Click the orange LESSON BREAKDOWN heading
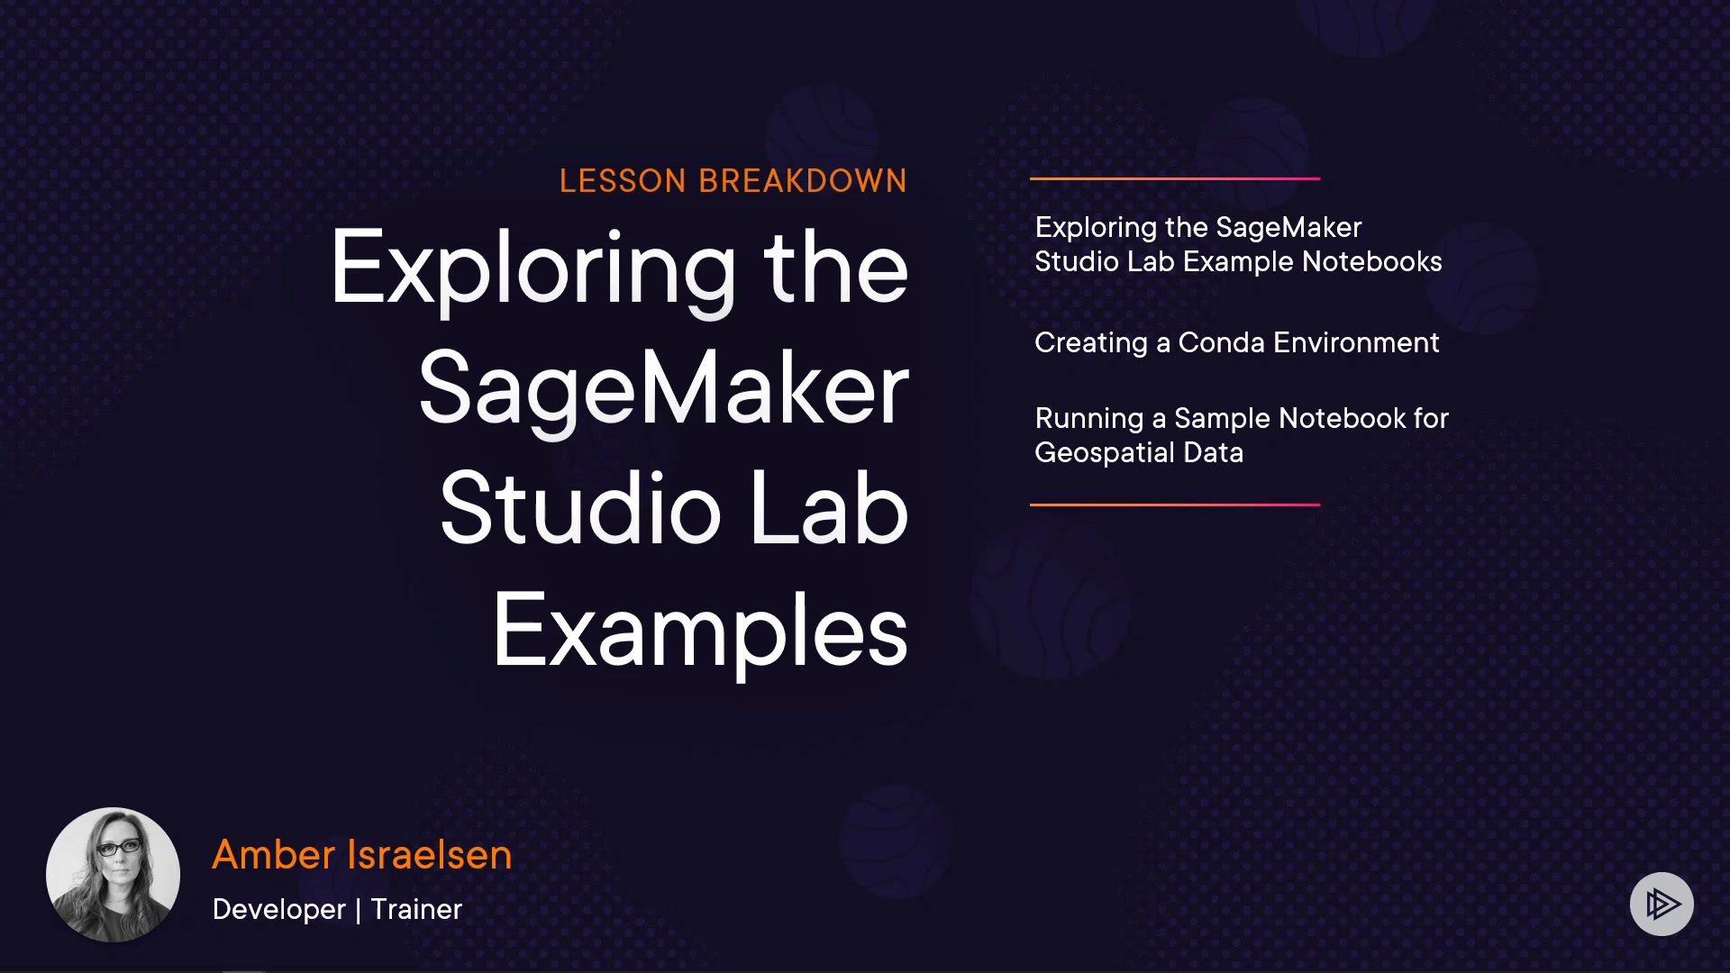point(733,181)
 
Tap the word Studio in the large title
point(581,509)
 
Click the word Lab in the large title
point(829,509)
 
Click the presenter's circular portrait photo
point(113,875)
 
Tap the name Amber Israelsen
point(362,854)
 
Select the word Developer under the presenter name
point(279,909)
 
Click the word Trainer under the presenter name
point(416,909)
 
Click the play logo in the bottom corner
point(1662,904)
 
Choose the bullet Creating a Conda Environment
point(1237,342)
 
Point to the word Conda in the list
point(1222,342)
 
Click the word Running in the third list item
point(1089,419)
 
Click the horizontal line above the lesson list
point(1175,178)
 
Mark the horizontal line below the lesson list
point(1175,505)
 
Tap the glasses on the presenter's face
point(118,847)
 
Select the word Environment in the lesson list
point(1356,342)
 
